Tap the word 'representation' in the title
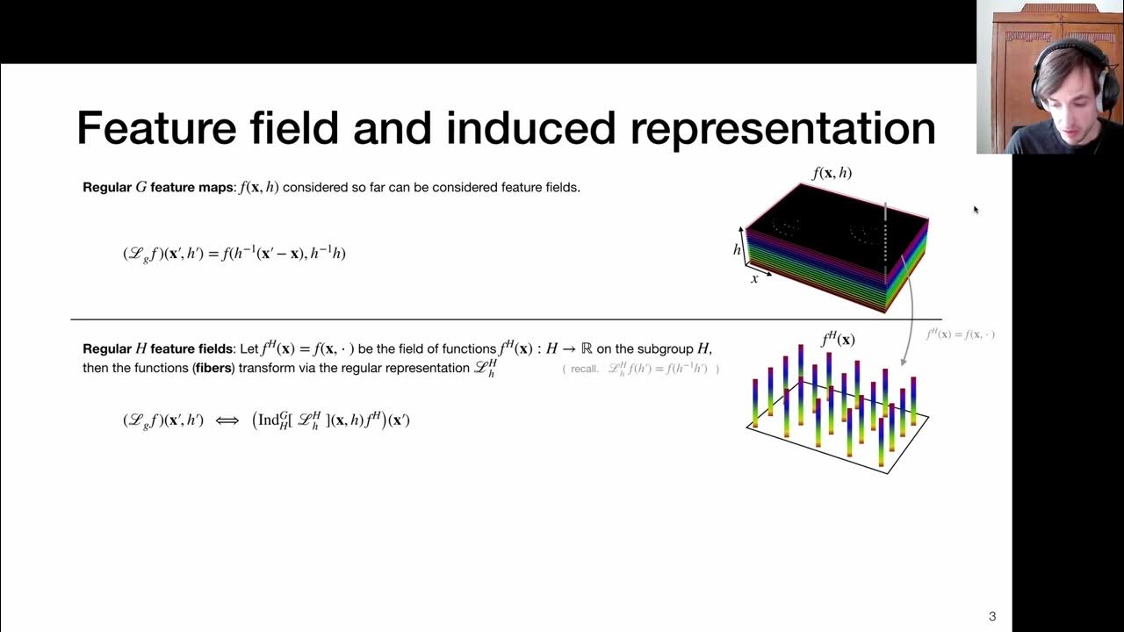(782, 128)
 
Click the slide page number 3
(992, 616)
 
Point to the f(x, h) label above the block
(832, 173)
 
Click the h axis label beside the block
(737, 249)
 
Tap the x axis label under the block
(754, 279)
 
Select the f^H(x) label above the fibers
(838, 340)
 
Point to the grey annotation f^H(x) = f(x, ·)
(960, 334)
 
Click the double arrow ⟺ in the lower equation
(227, 420)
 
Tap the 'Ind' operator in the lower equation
(269, 420)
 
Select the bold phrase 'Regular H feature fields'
(159, 348)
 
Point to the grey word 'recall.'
(584, 369)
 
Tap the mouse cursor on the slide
(975, 209)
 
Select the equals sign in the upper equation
(214, 254)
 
